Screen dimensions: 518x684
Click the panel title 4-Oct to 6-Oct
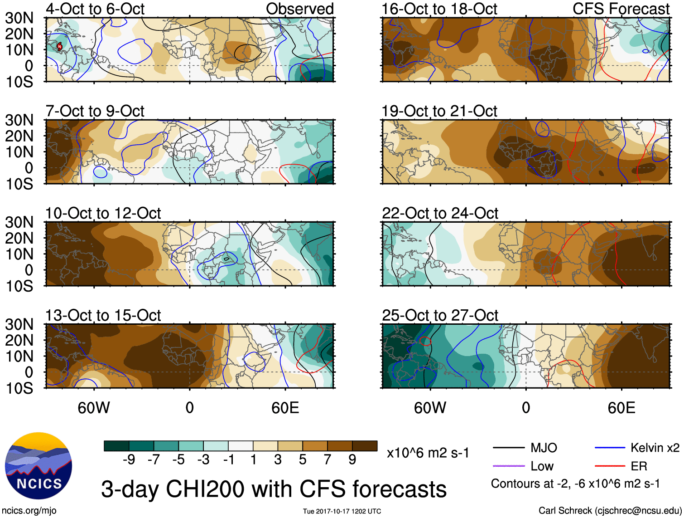95,9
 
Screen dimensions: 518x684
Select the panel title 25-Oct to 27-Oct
440,315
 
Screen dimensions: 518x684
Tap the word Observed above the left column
299,9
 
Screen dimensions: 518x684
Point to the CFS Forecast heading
621,9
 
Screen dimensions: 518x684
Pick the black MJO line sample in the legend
508,448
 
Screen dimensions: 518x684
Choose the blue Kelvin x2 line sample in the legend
610,448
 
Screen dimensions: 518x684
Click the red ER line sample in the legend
610,466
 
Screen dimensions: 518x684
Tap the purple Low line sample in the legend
508,466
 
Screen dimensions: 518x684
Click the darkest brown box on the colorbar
365,446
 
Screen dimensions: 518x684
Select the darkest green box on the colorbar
116,446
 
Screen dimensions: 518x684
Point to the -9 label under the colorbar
129,460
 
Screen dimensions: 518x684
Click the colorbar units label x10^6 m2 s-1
428,453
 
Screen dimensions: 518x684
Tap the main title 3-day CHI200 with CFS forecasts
274,489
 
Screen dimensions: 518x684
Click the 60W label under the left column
94,408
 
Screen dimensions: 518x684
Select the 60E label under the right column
621,408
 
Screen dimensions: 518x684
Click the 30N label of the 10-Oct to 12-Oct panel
19,222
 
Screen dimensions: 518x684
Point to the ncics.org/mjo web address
29,511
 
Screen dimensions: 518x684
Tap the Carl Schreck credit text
610,511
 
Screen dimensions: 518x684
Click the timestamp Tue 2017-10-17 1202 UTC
342,511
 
